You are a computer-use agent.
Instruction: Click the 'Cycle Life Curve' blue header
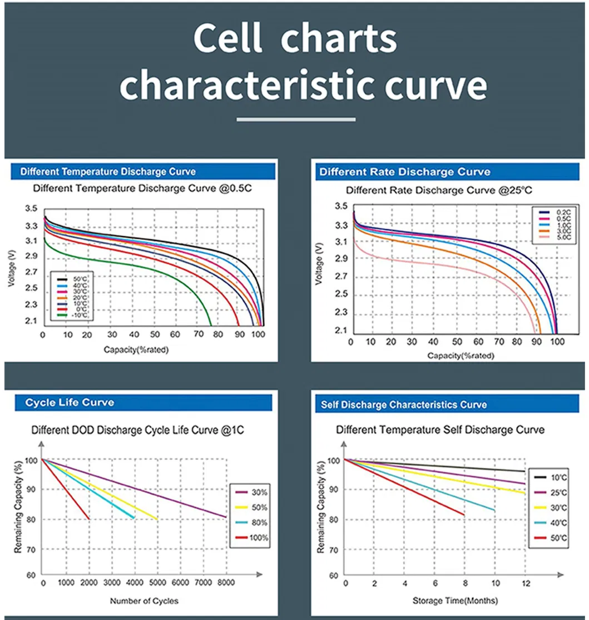coord(70,403)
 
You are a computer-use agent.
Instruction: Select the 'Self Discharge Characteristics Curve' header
coord(403,404)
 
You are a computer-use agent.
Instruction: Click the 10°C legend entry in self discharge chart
coord(551,477)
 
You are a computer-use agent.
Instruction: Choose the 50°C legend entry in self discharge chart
coord(551,538)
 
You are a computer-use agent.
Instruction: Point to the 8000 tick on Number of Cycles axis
coord(225,584)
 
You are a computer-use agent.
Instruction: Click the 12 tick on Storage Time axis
coord(524,584)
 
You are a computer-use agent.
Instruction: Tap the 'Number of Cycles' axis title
coord(144,601)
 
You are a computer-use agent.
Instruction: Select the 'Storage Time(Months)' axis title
coord(455,601)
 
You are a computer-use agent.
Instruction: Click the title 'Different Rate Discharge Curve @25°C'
coord(439,191)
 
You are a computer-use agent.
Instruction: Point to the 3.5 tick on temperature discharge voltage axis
coord(31,209)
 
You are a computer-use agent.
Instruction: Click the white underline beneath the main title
coord(295,119)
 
